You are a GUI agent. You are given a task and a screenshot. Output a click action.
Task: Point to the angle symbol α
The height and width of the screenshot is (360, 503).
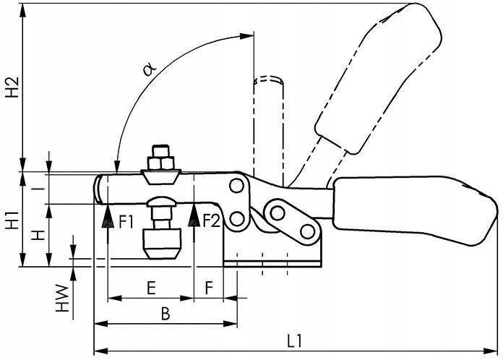click(x=149, y=69)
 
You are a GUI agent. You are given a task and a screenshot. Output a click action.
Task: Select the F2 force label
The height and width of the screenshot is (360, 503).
click(x=212, y=220)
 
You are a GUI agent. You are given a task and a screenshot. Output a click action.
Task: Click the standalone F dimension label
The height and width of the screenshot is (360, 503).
click(x=208, y=287)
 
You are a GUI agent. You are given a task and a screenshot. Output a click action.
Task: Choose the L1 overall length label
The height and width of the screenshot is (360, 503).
click(x=295, y=340)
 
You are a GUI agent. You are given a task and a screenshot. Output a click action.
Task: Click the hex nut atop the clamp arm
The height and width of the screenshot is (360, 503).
click(x=161, y=157)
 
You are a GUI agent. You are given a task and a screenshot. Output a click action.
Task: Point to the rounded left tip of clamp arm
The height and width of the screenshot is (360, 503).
click(x=98, y=189)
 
